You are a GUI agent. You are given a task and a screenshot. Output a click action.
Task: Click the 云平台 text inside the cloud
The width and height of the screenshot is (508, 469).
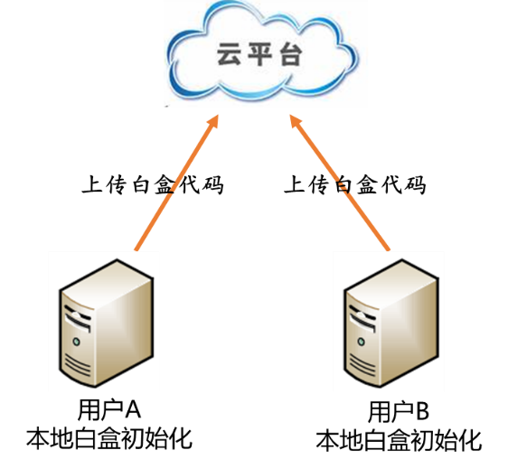click(259, 55)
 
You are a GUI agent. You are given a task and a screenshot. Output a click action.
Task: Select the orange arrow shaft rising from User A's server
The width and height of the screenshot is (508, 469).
click(177, 183)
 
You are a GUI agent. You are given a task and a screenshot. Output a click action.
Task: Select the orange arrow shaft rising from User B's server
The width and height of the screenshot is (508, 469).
click(340, 183)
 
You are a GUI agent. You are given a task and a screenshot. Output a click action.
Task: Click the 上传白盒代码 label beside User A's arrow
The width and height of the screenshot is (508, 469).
click(153, 185)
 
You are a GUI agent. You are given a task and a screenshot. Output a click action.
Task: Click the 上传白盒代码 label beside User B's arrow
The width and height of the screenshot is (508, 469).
click(355, 185)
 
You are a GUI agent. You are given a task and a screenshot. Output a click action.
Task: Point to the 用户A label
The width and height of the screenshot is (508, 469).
click(109, 410)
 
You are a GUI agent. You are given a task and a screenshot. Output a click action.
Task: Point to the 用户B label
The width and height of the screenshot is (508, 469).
click(399, 411)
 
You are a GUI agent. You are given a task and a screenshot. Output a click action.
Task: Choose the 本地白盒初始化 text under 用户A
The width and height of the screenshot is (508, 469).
click(109, 439)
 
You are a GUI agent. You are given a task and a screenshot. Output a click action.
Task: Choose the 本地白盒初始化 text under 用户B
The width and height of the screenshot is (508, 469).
click(399, 440)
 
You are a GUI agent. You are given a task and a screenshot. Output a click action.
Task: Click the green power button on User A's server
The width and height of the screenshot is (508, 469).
click(77, 342)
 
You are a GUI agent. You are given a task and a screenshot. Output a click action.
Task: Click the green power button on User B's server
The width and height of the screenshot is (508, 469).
click(362, 342)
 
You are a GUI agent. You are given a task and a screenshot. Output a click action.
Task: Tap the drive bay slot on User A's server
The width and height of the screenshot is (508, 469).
click(77, 319)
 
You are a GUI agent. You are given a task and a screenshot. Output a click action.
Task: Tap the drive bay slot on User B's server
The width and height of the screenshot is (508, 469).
click(362, 319)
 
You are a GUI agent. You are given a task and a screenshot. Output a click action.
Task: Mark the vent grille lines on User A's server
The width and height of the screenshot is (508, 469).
click(77, 365)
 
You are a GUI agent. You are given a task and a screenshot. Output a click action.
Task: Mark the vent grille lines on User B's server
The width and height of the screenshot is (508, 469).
click(362, 365)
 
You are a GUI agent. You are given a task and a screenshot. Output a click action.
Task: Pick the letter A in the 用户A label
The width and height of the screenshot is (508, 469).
click(133, 410)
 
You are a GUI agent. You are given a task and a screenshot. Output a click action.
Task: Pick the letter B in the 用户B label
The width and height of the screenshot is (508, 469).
click(422, 411)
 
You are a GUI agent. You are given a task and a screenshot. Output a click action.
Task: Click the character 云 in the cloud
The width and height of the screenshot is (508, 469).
click(229, 55)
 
